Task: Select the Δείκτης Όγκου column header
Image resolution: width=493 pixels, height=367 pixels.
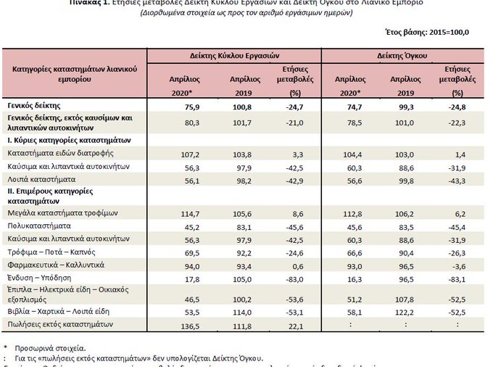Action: click(402, 55)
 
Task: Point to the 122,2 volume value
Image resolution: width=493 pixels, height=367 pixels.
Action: click(404, 312)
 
